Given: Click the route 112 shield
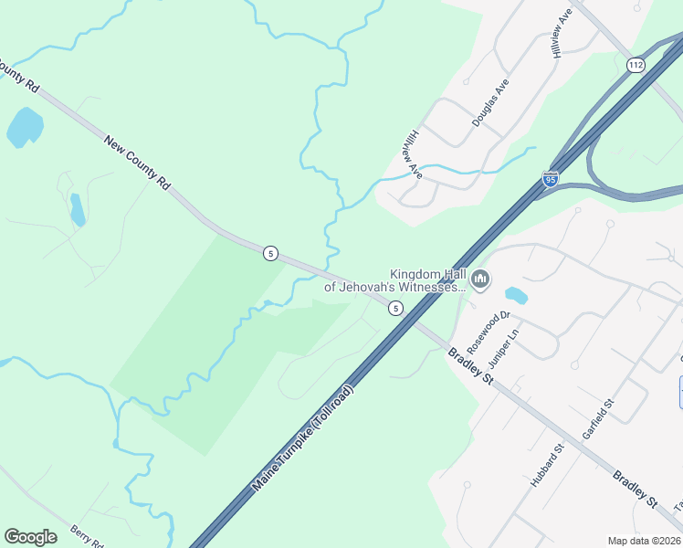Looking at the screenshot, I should point(636,65).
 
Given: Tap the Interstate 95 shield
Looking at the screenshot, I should point(551,178).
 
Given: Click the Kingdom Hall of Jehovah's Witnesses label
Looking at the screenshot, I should point(395,279).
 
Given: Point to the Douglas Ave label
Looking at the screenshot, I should point(490,101).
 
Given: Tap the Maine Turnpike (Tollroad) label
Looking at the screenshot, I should point(302,437).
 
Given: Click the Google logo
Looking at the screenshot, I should point(30,536).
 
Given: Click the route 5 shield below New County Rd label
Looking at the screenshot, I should point(270,253).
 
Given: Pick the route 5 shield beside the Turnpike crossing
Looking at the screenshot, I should point(394,308).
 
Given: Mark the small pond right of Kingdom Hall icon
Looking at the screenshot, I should point(516,295).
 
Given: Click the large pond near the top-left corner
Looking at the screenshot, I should point(25,127).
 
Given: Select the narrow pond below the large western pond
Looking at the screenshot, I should point(77,209).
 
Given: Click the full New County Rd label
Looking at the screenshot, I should point(137,163).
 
